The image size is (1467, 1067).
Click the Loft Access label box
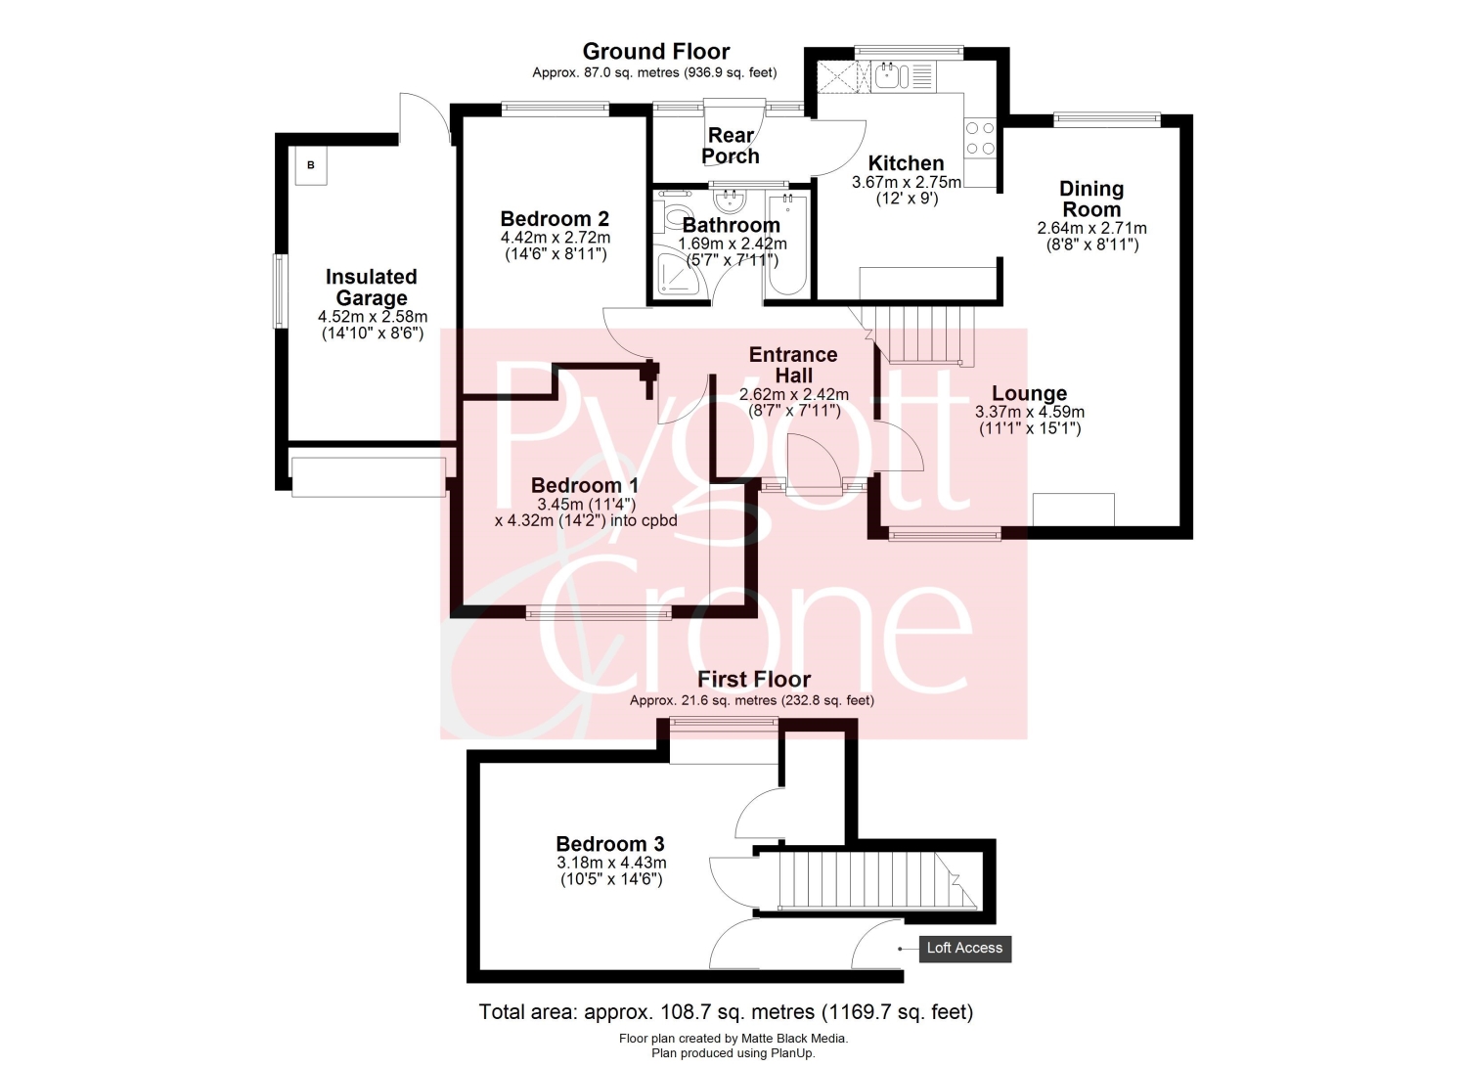pos(964,949)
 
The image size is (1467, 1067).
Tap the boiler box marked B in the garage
pos(310,165)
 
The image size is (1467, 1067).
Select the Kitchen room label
pos(906,163)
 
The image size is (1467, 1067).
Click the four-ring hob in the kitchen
pos(980,139)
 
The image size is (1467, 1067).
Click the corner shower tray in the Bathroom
pos(681,271)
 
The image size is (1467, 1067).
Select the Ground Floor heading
pos(655,51)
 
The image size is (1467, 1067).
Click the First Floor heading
pos(753,679)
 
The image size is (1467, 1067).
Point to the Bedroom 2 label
pos(555,218)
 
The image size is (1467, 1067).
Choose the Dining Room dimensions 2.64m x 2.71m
pos(1091,228)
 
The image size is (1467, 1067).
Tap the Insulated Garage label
pos(372,287)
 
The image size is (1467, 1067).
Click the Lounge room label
pos(1030,393)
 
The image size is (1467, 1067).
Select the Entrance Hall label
pos(794,365)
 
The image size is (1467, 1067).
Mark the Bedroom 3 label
pos(609,844)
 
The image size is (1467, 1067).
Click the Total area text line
pos(726,1012)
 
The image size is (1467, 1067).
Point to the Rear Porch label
pos(731,146)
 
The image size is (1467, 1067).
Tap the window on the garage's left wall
pos(280,290)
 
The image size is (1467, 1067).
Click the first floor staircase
pos(876,880)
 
